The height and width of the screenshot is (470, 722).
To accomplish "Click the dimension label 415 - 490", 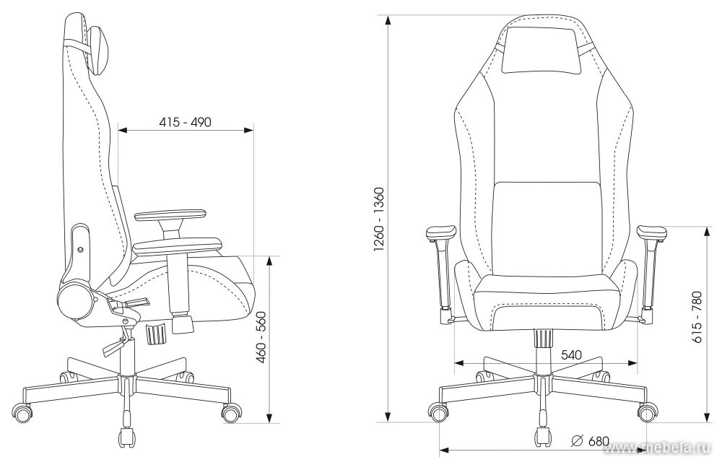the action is coord(185,122).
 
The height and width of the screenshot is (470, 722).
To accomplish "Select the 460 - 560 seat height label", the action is coord(261,338).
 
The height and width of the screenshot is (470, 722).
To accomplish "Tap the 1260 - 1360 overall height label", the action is coord(380,219).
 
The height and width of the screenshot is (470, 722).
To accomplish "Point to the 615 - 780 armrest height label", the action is coord(697,317).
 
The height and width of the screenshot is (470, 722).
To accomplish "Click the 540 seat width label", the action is coord(571,355).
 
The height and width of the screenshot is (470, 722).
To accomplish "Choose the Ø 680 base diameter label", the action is coord(590,441).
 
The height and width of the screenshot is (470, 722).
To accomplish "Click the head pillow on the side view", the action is coord(98,50).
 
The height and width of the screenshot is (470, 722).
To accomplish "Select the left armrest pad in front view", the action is coord(441,232).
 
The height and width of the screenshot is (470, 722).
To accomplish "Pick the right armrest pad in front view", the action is coord(651,232).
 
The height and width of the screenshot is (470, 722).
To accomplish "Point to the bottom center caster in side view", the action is coord(126,438).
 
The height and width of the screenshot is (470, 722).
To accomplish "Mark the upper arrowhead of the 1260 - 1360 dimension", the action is coord(389,20).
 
